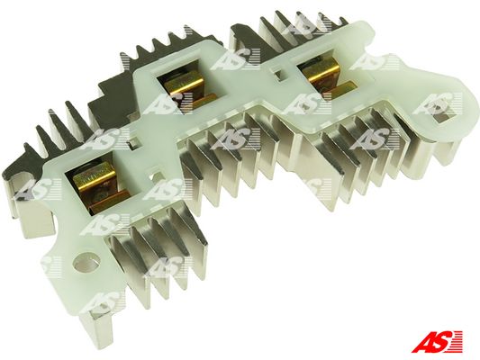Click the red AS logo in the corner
pyautogui.click(x=437, y=341)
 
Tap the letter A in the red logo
pyautogui.click(x=423, y=342)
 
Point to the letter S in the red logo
pyautogui.click(x=443, y=341)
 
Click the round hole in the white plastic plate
pyautogui.click(x=87, y=262)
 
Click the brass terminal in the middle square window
pyautogui.click(x=188, y=89)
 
